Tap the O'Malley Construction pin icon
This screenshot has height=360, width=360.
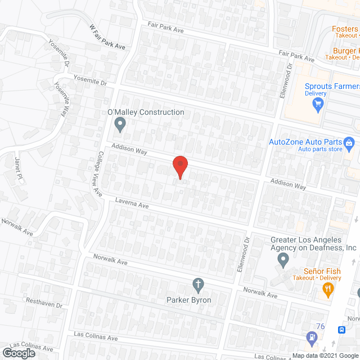coord(119,124)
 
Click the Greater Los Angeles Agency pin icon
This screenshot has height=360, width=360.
coord(283,260)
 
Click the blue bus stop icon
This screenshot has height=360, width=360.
coord(340,330)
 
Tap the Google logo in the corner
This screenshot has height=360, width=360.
coord(19,353)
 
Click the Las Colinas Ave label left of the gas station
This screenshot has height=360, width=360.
coord(96,337)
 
